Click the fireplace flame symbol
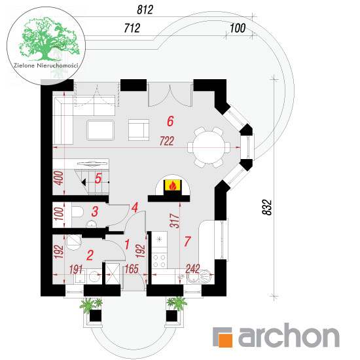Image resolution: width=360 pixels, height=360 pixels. point(172,185)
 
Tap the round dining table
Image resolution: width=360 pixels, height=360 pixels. point(209,147)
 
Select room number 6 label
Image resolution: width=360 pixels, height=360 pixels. point(170,121)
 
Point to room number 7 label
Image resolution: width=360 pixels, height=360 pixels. point(188,242)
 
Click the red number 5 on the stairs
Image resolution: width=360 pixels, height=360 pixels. point(98,178)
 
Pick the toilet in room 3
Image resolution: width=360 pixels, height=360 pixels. point(77,211)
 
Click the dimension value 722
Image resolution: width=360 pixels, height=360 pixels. point(167,141)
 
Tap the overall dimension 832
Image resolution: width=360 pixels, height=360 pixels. point(267,207)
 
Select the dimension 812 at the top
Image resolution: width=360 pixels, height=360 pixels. point(145,10)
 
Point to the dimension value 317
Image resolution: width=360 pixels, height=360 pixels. point(175,221)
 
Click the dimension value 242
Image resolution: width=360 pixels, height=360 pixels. point(192,269)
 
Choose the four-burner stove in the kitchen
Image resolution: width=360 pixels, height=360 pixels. point(159,261)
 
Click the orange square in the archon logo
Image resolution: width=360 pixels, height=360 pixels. point(225,340)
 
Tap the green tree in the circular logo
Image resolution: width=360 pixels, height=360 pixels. point(48,39)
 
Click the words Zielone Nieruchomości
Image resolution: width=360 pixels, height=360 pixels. point(46,65)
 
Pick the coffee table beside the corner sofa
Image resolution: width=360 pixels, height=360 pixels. point(100,130)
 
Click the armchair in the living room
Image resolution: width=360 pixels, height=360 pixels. point(139,130)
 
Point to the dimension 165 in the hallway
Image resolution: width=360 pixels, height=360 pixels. point(132,269)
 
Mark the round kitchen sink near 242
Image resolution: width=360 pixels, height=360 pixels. point(206,276)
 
